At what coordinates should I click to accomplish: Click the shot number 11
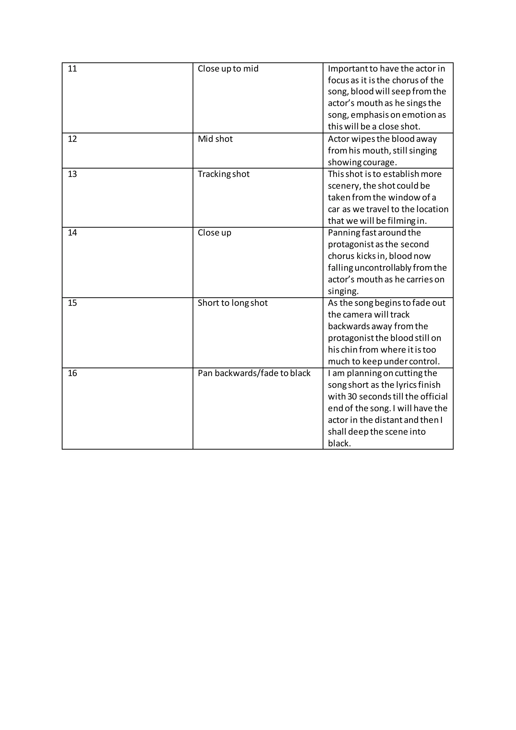click(73, 69)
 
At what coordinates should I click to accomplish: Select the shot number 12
click(73, 139)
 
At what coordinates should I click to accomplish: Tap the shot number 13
click(73, 174)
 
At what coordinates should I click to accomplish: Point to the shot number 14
click(73, 232)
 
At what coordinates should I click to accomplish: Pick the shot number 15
click(73, 303)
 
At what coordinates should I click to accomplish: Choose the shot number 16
click(73, 373)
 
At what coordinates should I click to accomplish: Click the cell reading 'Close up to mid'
click(228, 69)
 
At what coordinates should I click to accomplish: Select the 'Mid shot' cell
click(215, 139)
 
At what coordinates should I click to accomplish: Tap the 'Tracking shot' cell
click(223, 174)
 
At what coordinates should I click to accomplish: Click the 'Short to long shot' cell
click(233, 303)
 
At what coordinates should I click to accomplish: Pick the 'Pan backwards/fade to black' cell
click(254, 373)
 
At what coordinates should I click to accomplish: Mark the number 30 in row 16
click(352, 397)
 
